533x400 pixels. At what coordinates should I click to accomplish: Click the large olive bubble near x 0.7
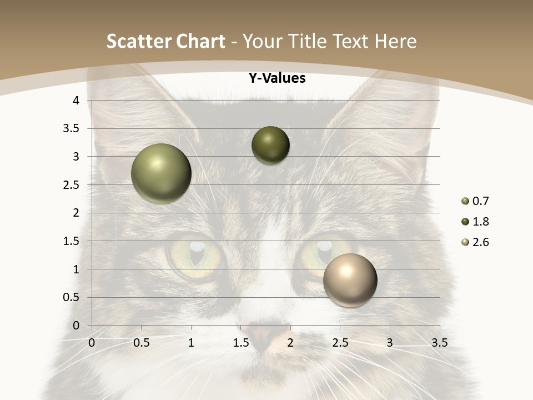(x=161, y=173)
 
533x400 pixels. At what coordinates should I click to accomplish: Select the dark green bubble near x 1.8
(x=270, y=145)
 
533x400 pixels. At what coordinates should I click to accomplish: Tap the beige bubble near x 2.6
(x=350, y=280)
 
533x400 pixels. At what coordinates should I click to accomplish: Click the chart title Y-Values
(x=276, y=78)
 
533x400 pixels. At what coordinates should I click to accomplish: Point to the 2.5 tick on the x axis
(x=340, y=343)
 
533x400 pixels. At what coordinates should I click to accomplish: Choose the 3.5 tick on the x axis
(x=439, y=343)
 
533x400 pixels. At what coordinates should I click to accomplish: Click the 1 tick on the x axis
(x=191, y=343)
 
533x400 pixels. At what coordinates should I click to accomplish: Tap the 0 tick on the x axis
(x=92, y=343)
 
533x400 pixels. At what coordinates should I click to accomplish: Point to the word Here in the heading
(x=395, y=41)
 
